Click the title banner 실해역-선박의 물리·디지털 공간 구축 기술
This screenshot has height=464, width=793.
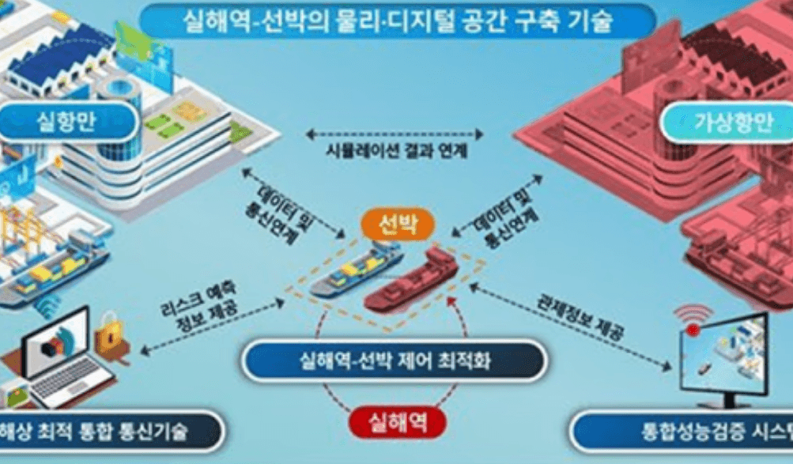(396, 21)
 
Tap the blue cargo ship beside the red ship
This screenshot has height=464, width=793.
(355, 270)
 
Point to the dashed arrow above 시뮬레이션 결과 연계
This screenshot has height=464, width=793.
(395, 133)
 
